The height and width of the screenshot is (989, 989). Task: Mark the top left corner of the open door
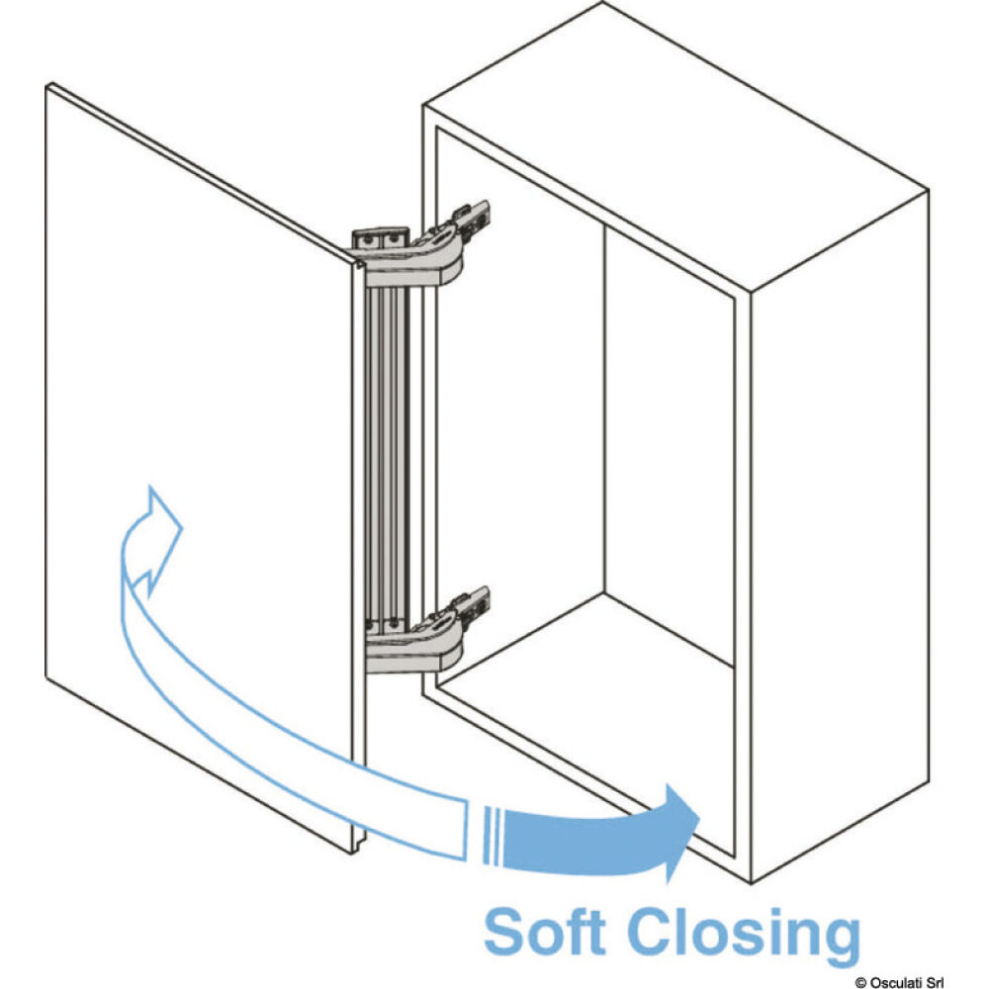(x=48, y=86)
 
